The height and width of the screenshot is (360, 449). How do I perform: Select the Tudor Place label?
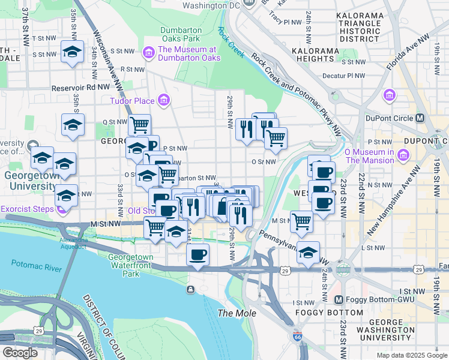click(x=131, y=100)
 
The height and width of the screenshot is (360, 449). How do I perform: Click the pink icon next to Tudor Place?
click(x=163, y=100)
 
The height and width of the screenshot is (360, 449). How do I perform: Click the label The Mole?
click(x=237, y=313)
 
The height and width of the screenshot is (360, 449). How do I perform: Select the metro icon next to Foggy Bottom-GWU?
click(x=338, y=300)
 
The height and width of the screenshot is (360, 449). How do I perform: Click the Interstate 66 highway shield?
click(x=298, y=337)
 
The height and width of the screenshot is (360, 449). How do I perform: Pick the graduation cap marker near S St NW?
click(x=72, y=52)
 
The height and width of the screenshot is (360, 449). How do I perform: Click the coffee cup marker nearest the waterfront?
click(x=197, y=254)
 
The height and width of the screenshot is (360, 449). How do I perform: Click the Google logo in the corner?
click(x=20, y=353)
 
